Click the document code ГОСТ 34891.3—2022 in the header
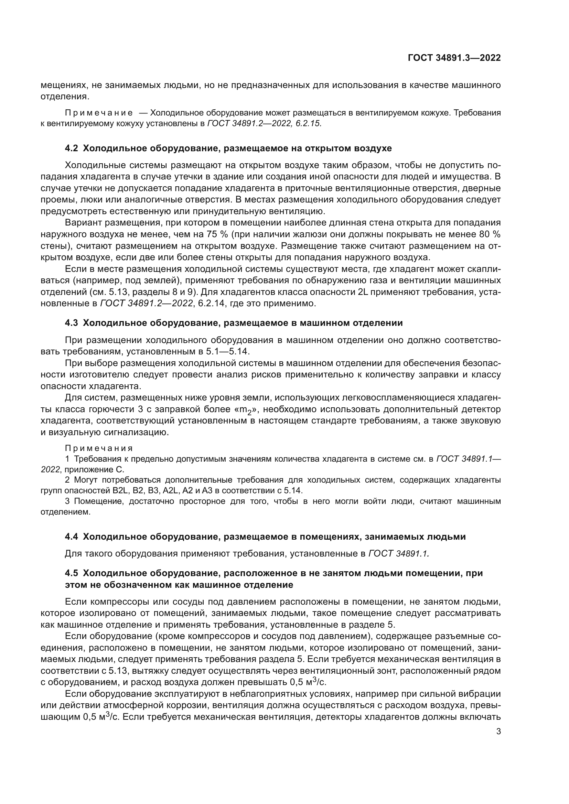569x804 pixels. click(454, 58)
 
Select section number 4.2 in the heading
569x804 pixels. click(72, 148)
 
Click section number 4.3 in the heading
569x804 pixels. click(72, 323)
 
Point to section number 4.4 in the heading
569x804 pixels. click(72, 537)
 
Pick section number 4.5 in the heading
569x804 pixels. click(72, 573)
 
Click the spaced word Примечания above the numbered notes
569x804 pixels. click(99, 449)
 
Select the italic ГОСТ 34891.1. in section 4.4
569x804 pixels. click(399, 554)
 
